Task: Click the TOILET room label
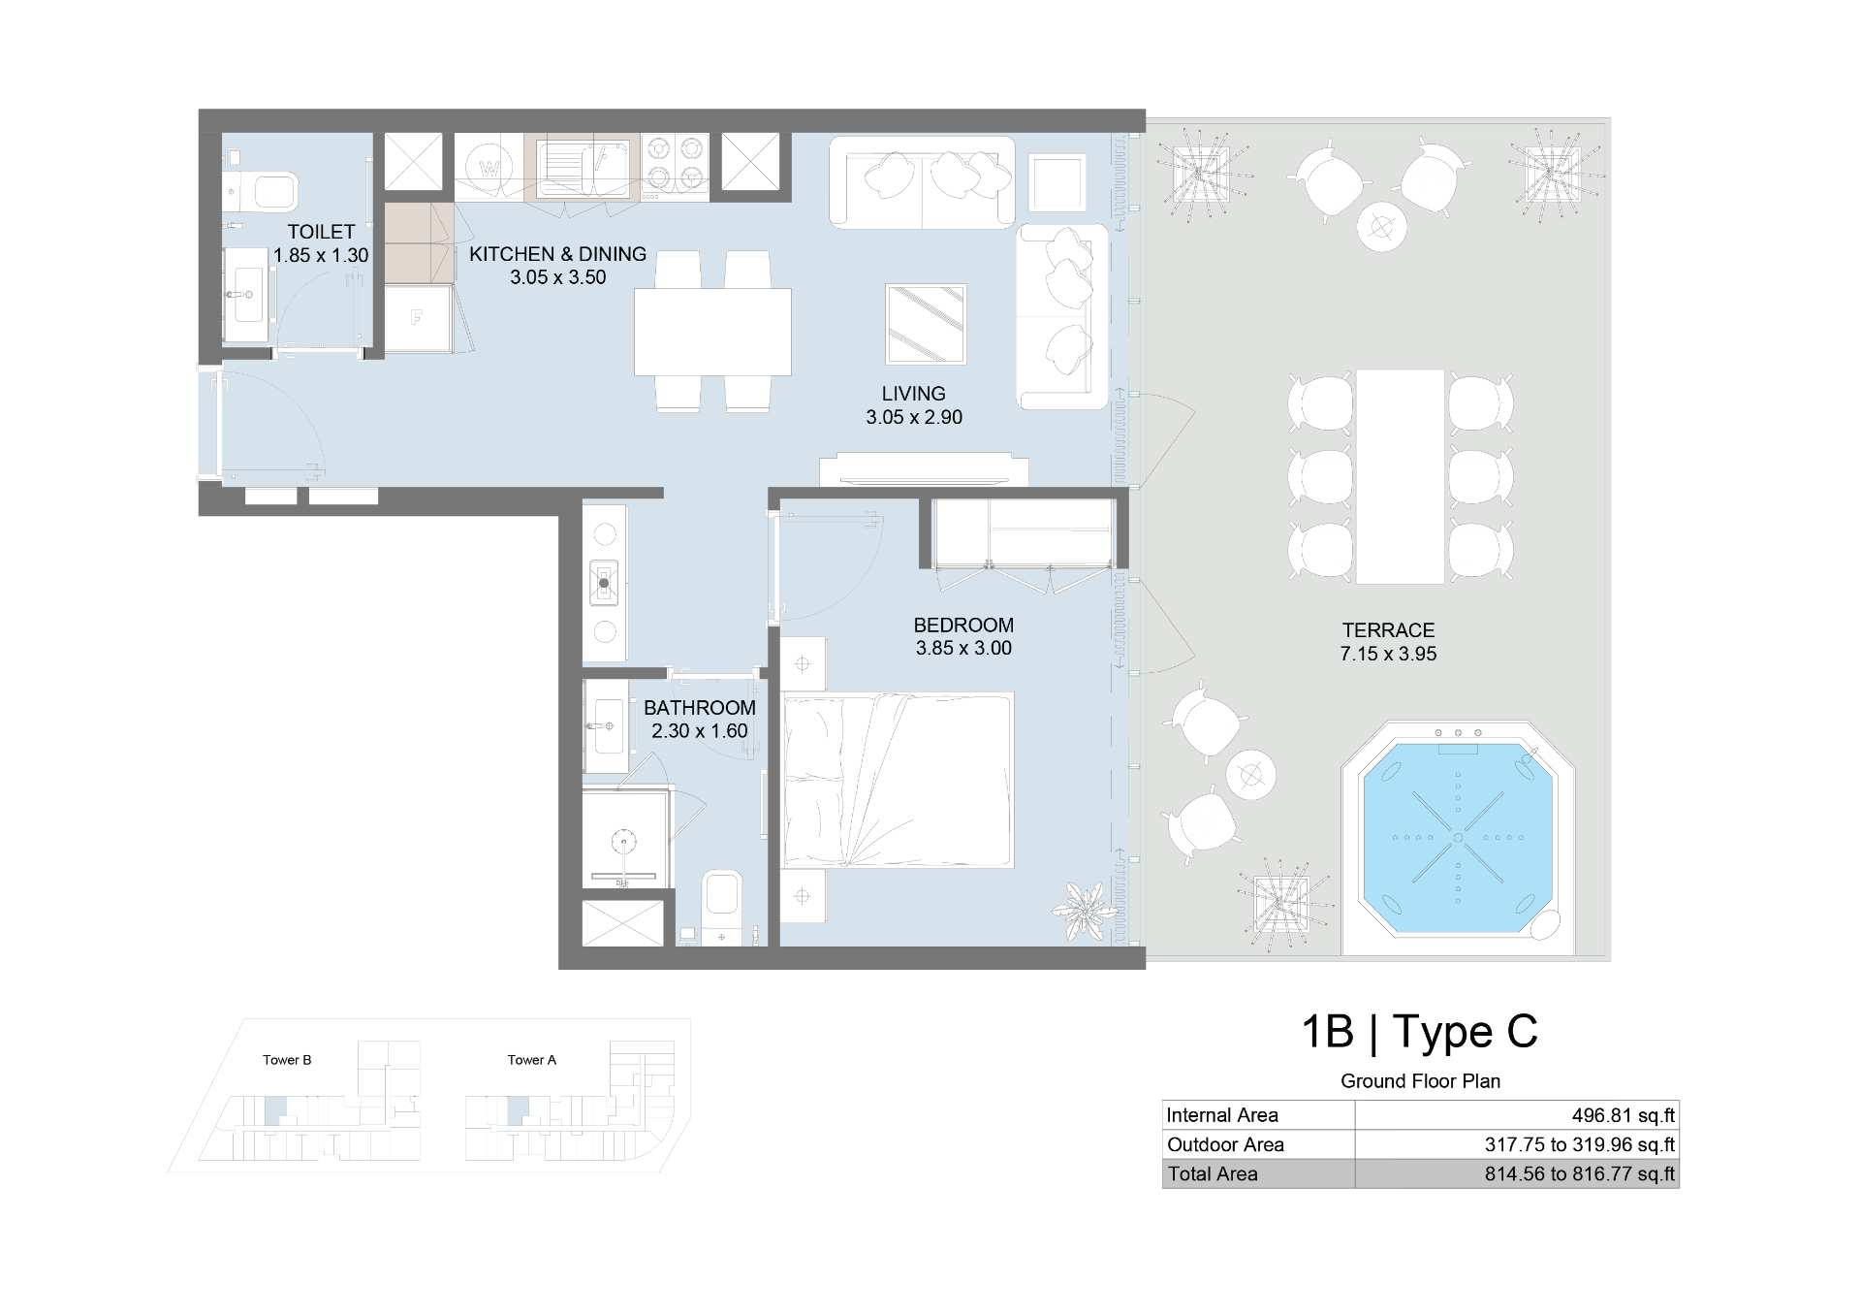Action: (x=321, y=232)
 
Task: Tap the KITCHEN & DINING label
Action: (x=557, y=254)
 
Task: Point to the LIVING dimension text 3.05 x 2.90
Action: (x=914, y=417)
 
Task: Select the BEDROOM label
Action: (x=963, y=626)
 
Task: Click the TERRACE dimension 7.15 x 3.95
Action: (x=1388, y=654)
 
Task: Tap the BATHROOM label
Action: (x=700, y=708)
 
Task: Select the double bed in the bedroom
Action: (x=898, y=780)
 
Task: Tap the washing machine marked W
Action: (x=490, y=167)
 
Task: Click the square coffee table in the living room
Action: (x=926, y=323)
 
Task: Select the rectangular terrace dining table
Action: (x=1400, y=476)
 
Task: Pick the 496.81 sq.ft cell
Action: (x=1623, y=1115)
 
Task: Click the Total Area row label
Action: (x=1213, y=1173)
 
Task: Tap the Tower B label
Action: (x=287, y=1060)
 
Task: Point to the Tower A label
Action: (x=532, y=1060)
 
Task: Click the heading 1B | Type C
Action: (x=1419, y=1031)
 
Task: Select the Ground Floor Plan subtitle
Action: (x=1420, y=1081)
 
